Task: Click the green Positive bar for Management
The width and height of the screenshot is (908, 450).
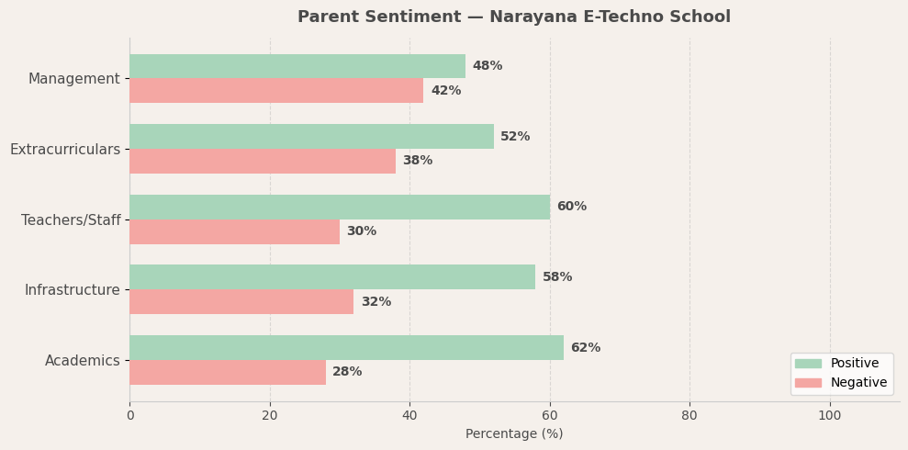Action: [x=297, y=66]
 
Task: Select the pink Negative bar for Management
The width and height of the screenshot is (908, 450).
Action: [x=276, y=91]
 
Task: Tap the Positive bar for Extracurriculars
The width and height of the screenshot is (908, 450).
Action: [x=311, y=137]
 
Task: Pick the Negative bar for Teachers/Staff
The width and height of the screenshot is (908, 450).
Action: [x=234, y=231]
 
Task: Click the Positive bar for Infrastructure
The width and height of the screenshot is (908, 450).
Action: [x=332, y=277]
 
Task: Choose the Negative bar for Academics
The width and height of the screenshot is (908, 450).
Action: [x=228, y=372]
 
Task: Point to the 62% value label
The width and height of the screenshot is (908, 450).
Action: [x=585, y=348]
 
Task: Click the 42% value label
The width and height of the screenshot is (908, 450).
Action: [x=445, y=91]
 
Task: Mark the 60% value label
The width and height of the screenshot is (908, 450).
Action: [x=571, y=207]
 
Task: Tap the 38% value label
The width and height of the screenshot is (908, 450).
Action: [x=417, y=161]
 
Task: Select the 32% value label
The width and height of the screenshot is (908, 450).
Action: [x=376, y=302]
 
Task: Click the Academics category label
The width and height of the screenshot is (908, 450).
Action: [x=82, y=361]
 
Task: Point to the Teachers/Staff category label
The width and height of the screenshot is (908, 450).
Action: [x=71, y=220]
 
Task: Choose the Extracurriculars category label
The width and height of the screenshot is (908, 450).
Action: [x=64, y=150]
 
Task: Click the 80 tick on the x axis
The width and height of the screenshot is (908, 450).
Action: [x=689, y=415]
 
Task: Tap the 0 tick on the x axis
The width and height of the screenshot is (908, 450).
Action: [x=129, y=415]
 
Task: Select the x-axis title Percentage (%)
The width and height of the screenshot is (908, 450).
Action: [x=514, y=433]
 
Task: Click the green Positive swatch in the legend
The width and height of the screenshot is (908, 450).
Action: [x=808, y=364]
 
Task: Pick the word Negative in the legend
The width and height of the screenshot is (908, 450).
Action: [x=858, y=383]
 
